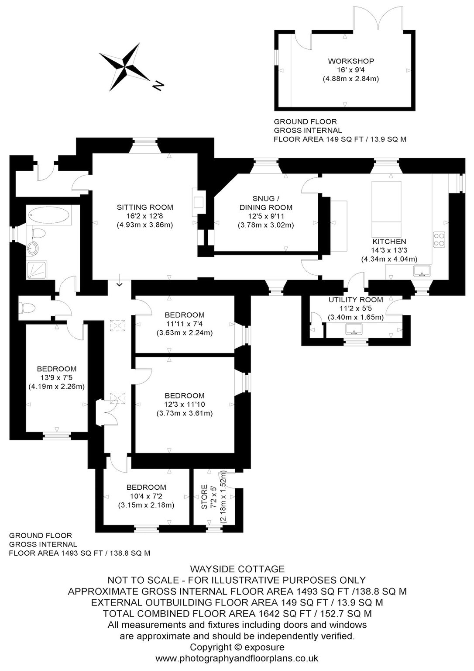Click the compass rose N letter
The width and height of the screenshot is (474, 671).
click(158, 86)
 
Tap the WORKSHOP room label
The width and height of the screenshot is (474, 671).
click(351, 61)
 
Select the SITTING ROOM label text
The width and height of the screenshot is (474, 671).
click(145, 207)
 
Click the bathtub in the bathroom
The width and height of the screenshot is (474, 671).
click(49, 214)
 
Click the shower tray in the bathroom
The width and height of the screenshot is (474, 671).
click(37, 270)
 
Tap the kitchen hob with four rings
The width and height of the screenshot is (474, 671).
click(439, 239)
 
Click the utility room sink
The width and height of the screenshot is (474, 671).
click(354, 329)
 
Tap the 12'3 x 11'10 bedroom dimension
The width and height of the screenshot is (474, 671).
click(184, 405)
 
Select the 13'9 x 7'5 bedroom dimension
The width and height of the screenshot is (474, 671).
click(57, 378)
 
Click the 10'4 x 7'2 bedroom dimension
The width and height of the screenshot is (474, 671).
click(146, 496)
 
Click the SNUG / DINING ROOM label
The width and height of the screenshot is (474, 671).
click(266, 203)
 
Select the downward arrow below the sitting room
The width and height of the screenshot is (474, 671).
click(119, 280)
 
